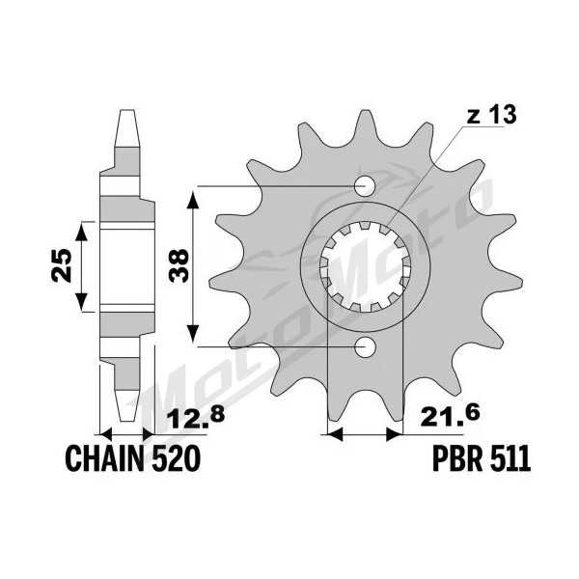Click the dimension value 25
click(x=62, y=266)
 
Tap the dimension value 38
click(x=179, y=266)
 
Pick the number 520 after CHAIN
click(x=176, y=458)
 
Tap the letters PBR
click(x=456, y=458)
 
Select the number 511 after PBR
click(x=510, y=458)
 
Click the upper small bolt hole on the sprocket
click(x=365, y=186)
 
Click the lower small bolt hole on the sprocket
click(x=365, y=346)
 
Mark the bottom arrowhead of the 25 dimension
click(x=82, y=302)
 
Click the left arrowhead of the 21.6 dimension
click(x=336, y=434)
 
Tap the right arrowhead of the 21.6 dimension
click(x=394, y=434)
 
